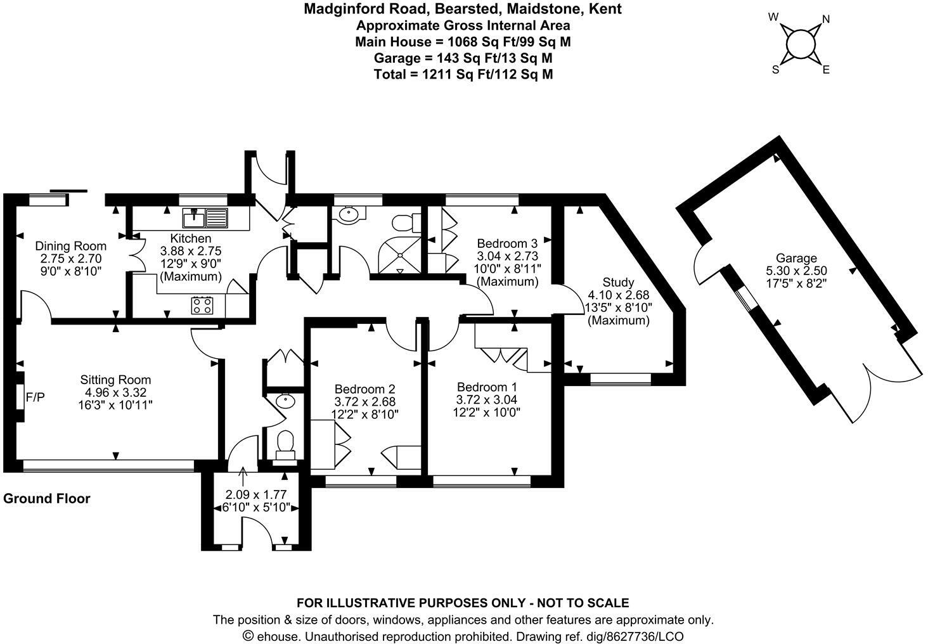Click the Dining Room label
point(70,246)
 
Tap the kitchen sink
point(204,218)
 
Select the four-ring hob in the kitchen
point(202,306)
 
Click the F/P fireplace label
point(35,397)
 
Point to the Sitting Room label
point(115,380)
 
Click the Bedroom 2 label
point(365,389)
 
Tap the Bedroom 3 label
point(507,243)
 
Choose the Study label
point(618,282)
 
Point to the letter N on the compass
point(825,19)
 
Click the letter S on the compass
point(775,70)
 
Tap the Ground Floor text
point(47,498)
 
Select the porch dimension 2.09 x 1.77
point(256,494)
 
